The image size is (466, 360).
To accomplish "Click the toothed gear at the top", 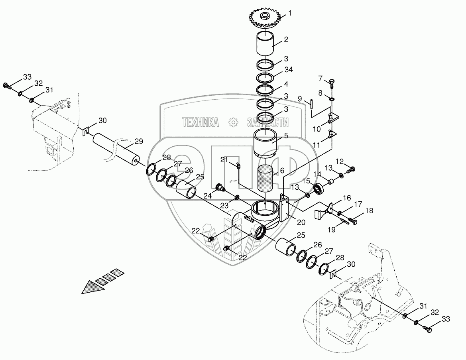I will click(x=265, y=20).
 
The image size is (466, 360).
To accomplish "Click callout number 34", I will click(x=289, y=70).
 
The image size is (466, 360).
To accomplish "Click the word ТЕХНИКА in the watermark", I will click(x=201, y=122).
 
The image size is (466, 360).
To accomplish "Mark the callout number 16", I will click(x=346, y=197).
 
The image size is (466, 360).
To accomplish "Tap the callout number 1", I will click(x=290, y=13).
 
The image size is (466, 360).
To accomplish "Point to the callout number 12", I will click(x=339, y=161).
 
